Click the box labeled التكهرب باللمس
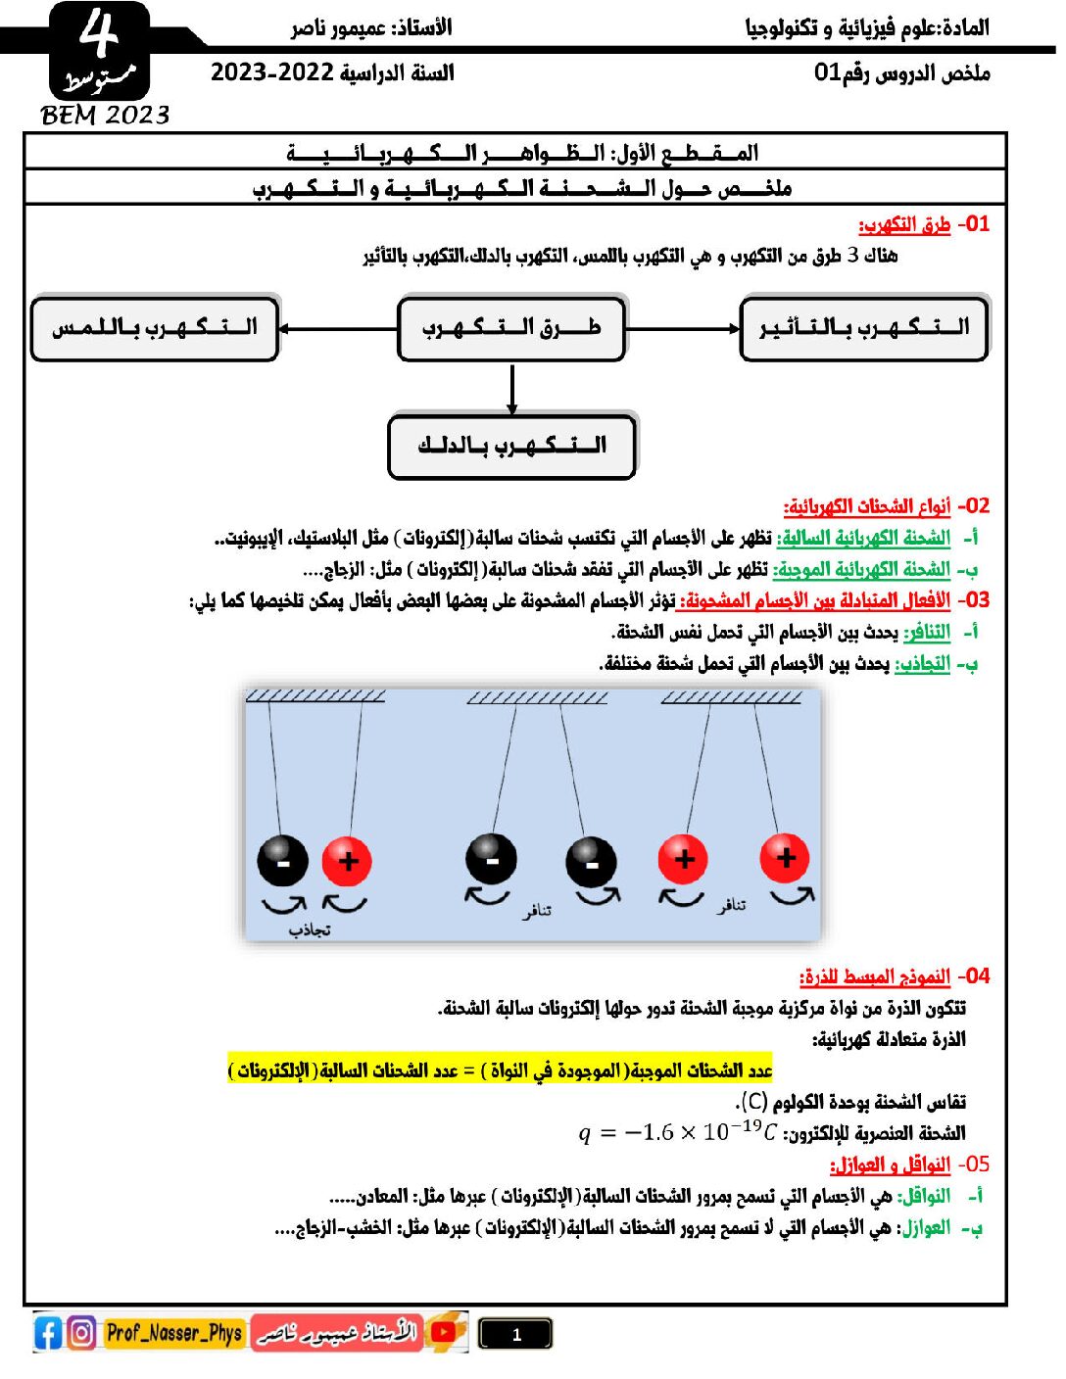(155, 328)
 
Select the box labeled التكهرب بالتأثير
(864, 328)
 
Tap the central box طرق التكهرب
(511, 328)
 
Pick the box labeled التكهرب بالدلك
(512, 446)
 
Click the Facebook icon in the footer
(48, 1333)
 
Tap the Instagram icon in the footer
(82, 1333)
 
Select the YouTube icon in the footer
(445, 1332)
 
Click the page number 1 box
(515, 1334)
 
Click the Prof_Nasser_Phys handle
(173, 1333)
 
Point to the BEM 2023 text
(105, 116)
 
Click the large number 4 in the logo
(98, 34)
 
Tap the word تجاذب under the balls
(310, 929)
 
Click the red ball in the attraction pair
(347, 861)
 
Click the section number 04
(974, 976)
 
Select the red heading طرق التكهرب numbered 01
(904, 225)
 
